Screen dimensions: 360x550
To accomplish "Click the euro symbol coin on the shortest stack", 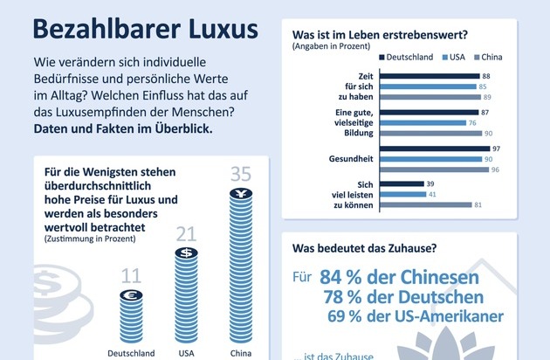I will coord(130,295).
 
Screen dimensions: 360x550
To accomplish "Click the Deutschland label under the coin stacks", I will coord(130,353).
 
